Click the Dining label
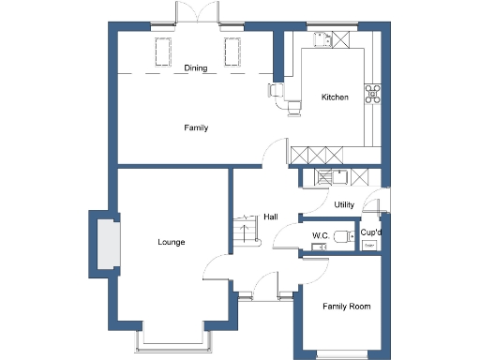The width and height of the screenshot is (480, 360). pos(195,67)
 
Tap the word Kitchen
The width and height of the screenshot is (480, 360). pos(335,97)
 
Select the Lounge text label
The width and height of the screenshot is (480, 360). pos(171,242)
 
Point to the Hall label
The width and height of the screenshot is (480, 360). pos(270,217)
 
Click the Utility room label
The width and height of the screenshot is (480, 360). pos(343,204)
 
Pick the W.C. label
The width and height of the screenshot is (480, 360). pos(320,234)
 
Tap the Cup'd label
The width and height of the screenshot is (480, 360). pos(370,232)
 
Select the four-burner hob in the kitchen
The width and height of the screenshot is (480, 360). pos(372,92)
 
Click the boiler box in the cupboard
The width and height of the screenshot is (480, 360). pos(369,245)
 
